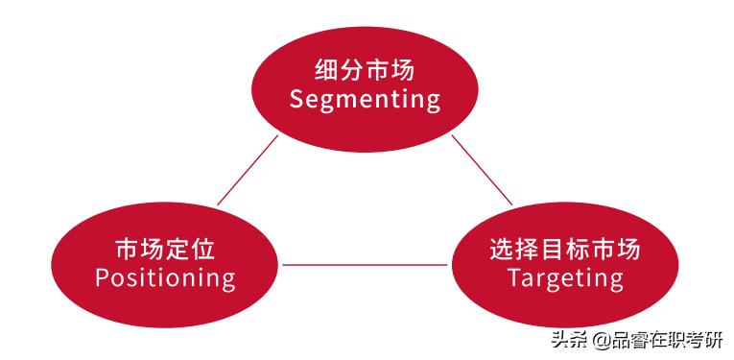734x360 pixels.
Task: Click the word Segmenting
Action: [365, 100]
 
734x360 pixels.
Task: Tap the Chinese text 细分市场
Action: [365, 70]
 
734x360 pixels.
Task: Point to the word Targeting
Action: [565, 278]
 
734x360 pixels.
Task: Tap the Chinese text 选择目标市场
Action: [565, 250]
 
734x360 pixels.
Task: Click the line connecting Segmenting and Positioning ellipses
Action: [248, 170]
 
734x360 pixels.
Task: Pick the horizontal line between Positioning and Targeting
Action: [367, 264]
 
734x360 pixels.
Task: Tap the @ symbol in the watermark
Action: [600, 340]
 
